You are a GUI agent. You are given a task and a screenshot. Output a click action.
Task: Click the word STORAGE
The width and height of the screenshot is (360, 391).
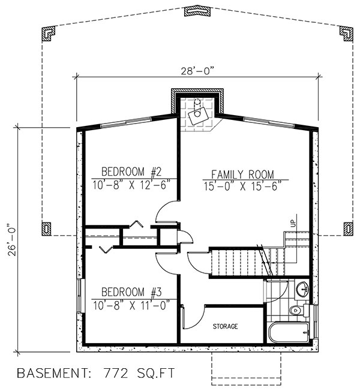[x=226, y=327]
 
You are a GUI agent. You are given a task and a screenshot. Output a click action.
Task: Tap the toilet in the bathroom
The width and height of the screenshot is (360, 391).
[x=295, y=311]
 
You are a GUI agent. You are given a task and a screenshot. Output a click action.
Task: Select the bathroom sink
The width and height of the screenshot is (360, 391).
[x=302, y=288]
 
